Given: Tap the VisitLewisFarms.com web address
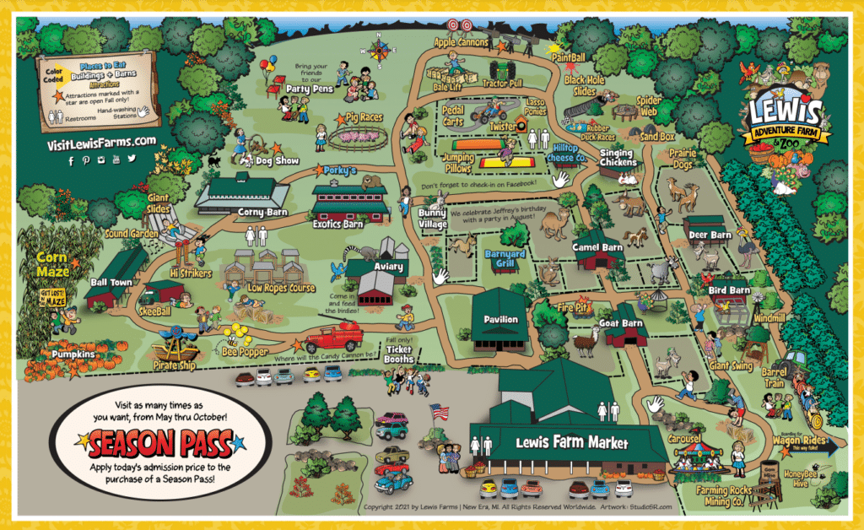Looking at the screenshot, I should (x=102, y=142).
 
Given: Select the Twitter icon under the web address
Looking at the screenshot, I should (x=132, y=159).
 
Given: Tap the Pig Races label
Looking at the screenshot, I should (x=365, y=117).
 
